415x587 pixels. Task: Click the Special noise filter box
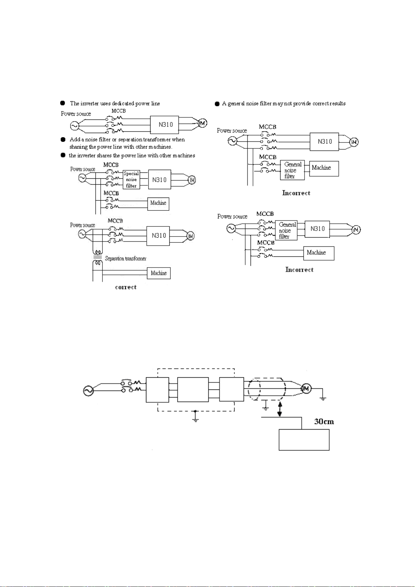pos(131,179)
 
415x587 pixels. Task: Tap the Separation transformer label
pos(125,258)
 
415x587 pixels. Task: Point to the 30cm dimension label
pos(324,422)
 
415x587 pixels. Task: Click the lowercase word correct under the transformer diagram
pos(126,287)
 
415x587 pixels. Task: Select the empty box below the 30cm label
pos(304,440)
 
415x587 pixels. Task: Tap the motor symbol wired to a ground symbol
pos(306,388)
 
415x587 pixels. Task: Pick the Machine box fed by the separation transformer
pos(159,273)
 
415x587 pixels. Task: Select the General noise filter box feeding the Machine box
pos(292,170)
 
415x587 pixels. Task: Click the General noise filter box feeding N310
pos(286,230)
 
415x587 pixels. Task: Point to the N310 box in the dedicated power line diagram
pos(164,125)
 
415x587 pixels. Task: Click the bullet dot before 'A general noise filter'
pos(217,104)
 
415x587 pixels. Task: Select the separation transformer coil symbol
pos(98,257)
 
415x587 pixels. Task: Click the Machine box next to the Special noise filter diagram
pos(158,204)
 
